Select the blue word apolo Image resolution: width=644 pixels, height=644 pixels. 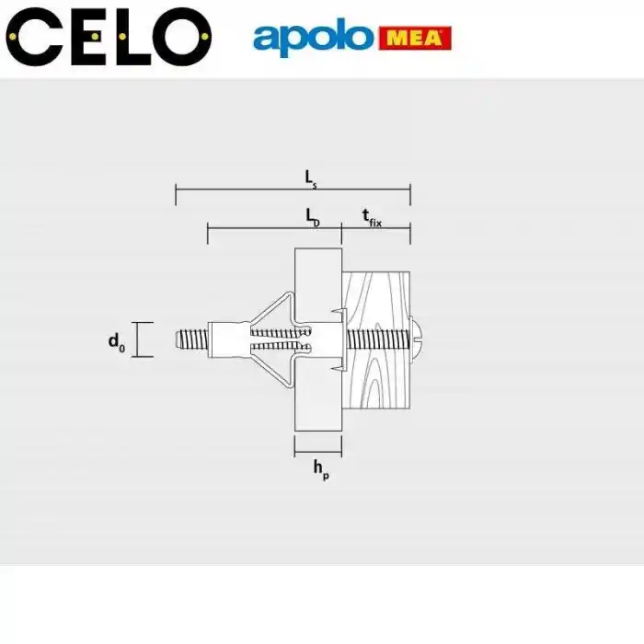[314, 39]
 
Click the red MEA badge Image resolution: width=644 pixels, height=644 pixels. [414, 39]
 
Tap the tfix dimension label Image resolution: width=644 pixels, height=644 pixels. [371, 217]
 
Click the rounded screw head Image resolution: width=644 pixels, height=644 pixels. [417, 339]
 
